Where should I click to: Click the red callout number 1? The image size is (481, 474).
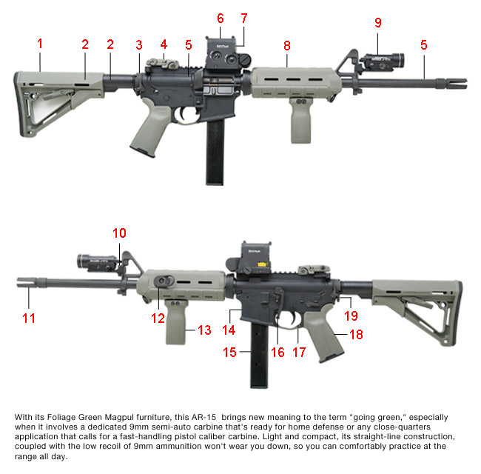pyautogui.click(x=40, y=44)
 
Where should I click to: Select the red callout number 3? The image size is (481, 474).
pyautogui.click(x=138, y=44)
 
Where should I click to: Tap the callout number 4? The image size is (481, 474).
pyautogui.click(x=164, y=44)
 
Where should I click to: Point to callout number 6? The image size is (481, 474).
pyautogui.click(x=221, y=17)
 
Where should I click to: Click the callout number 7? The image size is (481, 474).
pyautogui.click(x=244, y=17)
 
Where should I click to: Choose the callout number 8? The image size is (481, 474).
pyautogui.click(x=287, y=45)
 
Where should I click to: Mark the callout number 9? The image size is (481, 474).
pyautogui.click(x=378, y=23)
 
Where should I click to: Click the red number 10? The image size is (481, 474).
pyautogui.click(x=119, y=233)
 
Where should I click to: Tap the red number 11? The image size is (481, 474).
pyautogui.click(x=28, y=318)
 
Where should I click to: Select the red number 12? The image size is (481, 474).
pyautogui.click(x=156, y=318)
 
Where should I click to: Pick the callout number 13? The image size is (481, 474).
pyautogui.click(x=205, y=330)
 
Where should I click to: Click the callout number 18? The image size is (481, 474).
pyautogui.click(x=355, y=335)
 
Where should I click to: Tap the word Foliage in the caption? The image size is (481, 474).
pyautogui.click(x=76, y=418)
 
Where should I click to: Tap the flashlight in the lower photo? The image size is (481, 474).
pyautogui.click(x=96, y=260)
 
